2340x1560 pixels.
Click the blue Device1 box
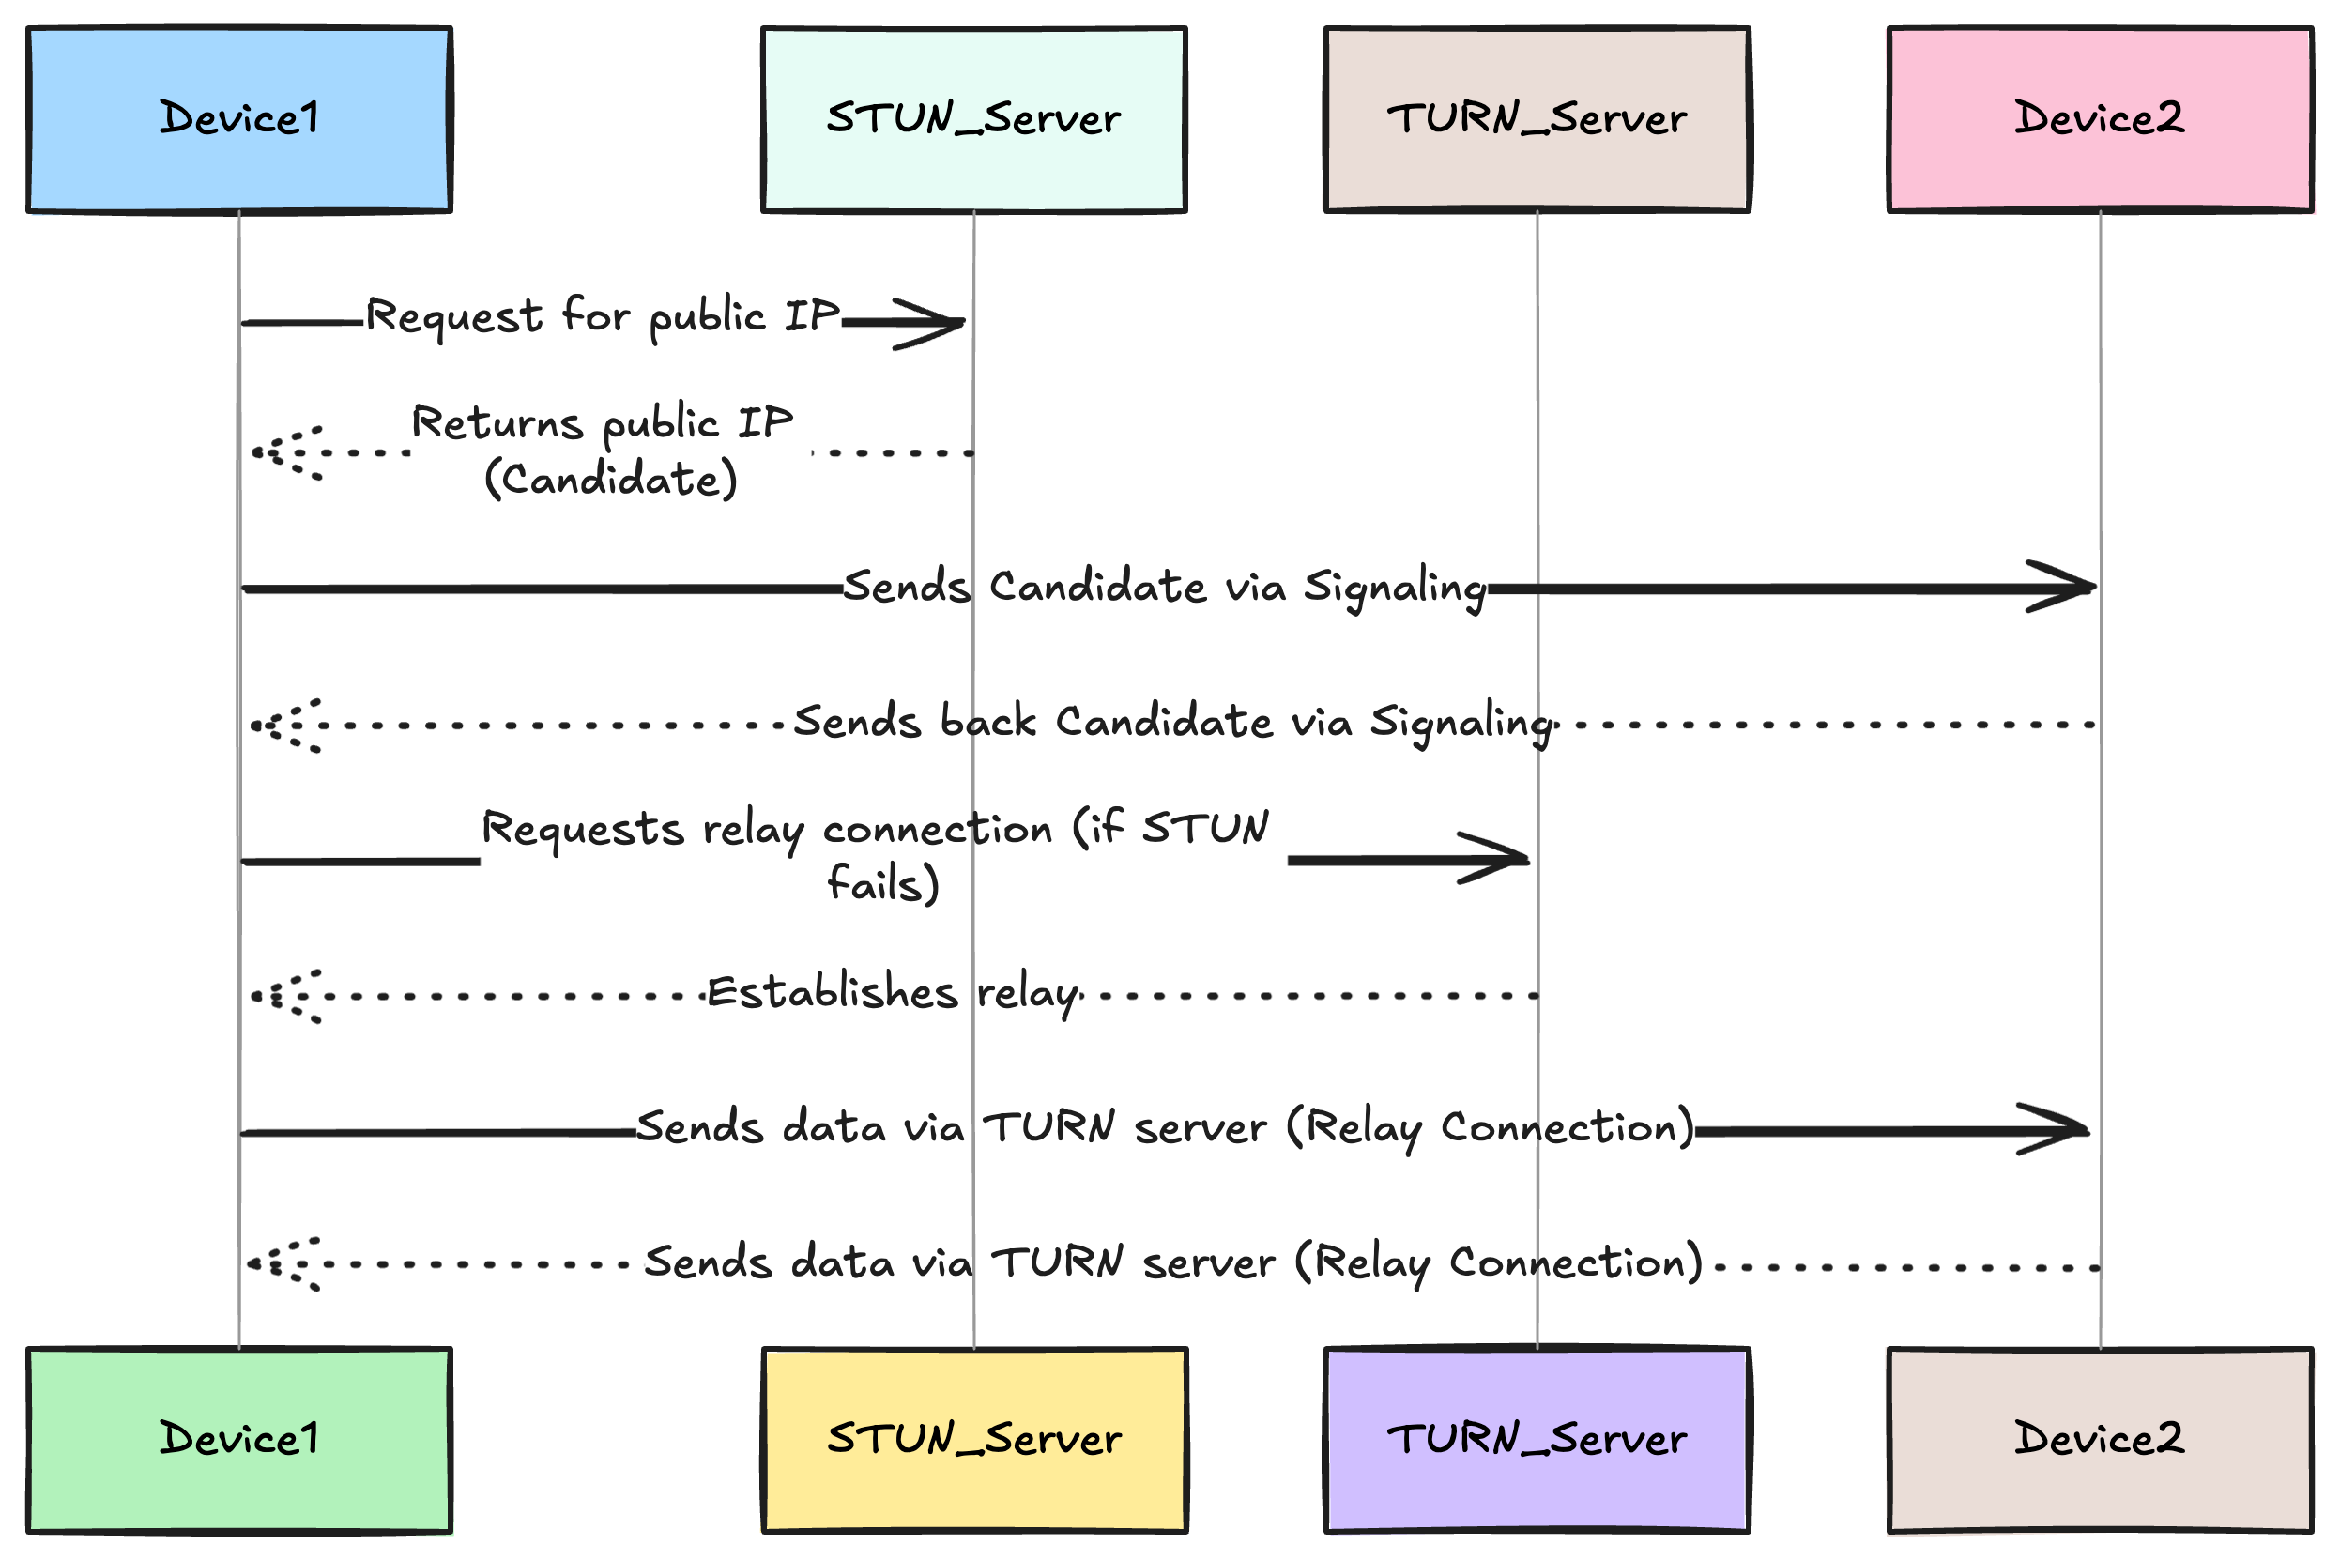point(238,119)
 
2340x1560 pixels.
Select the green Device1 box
point(238,1440)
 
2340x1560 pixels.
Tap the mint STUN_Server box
point(973,119)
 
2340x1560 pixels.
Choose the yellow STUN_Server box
point(973,1440)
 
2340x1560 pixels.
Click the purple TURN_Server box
point(1537,1440)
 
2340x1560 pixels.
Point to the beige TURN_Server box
point(1537,119)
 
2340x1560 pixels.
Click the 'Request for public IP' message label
point(603,316)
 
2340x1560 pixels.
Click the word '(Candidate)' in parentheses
point(611,480)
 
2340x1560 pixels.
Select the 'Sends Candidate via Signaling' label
point(1164,587)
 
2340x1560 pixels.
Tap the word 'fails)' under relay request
point(882,883)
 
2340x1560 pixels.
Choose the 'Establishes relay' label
point(893,993)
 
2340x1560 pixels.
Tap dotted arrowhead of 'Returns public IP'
point(285,453)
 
